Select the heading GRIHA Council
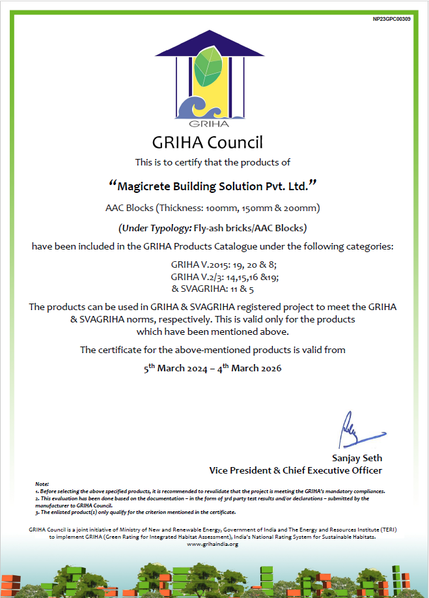coord(207,142)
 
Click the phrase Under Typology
coord(154,228)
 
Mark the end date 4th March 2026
coord(249,369)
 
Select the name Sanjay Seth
coord(357,458)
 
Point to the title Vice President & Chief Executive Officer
coord(296,470)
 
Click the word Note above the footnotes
coord(42,484)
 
